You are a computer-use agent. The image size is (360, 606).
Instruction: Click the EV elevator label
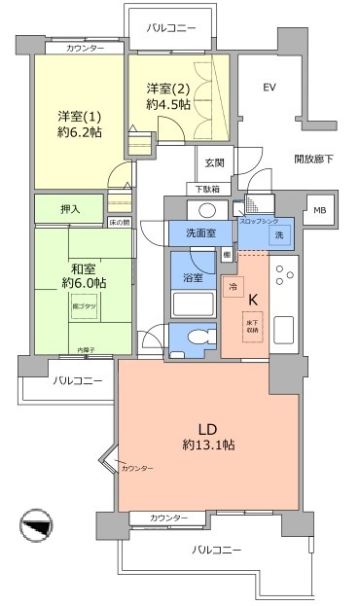pos(270,89)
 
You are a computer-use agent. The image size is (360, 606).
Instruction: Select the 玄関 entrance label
pos(214,162)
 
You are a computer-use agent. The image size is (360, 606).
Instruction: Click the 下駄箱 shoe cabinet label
pos(204,189)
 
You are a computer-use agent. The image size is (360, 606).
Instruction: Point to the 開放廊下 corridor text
pos(313,159)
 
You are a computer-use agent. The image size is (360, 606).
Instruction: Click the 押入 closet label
pos(70,208)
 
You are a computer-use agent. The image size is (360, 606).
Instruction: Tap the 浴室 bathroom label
pos(193,277)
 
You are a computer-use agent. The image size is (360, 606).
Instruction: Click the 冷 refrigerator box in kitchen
pos(234,287)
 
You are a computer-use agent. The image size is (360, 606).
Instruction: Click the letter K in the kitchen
pos(253,301)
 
